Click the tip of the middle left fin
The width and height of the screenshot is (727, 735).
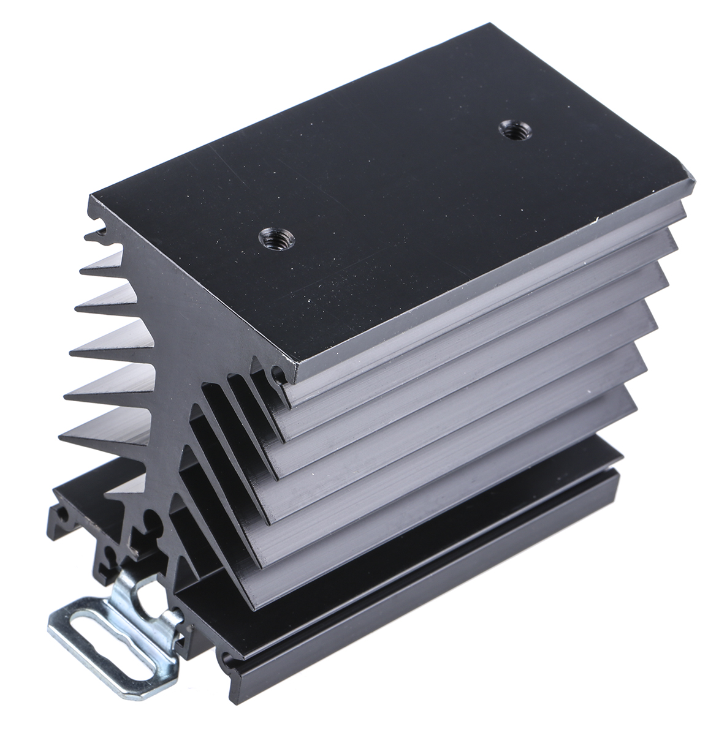[x=73, y=350]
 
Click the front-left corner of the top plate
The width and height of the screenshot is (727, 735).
[x=92, y=197]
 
